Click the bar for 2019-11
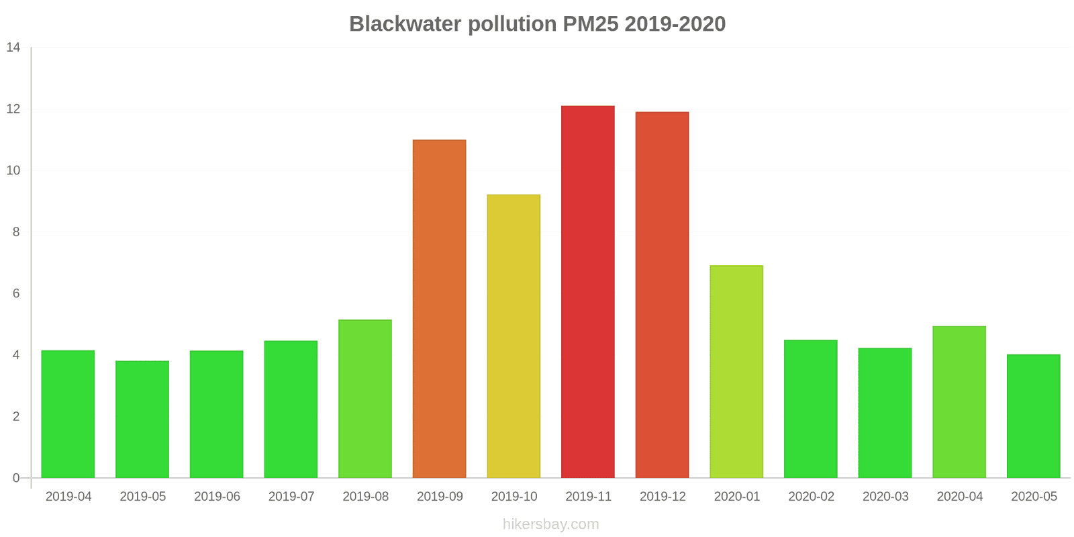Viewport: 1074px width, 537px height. [588, 292]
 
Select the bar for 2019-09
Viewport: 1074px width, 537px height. [439, 309]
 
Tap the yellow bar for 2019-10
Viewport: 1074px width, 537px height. [514, 336]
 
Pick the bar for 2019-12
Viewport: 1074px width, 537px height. [662, 295]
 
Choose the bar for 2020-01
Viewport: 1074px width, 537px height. [736, 372]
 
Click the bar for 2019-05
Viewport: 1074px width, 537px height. [142, 420]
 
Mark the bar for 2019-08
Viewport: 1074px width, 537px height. [365, 399]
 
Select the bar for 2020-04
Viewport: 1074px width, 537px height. [959, 402]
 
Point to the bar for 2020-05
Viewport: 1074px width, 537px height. [1033, 416]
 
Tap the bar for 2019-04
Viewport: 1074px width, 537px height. [68, 414]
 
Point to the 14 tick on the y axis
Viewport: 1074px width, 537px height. [13, 48]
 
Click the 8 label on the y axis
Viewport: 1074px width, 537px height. [16, 232]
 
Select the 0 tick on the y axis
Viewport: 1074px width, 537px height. [16, 479]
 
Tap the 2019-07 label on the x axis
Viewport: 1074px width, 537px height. [291, 497]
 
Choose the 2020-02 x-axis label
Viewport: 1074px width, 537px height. [811, 497]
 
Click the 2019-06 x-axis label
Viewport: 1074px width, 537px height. [217, 497]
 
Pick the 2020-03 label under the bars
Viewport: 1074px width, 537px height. [885, 497]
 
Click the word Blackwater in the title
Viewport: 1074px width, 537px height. [405, 24]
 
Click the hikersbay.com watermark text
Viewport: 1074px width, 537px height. [550, 524]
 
